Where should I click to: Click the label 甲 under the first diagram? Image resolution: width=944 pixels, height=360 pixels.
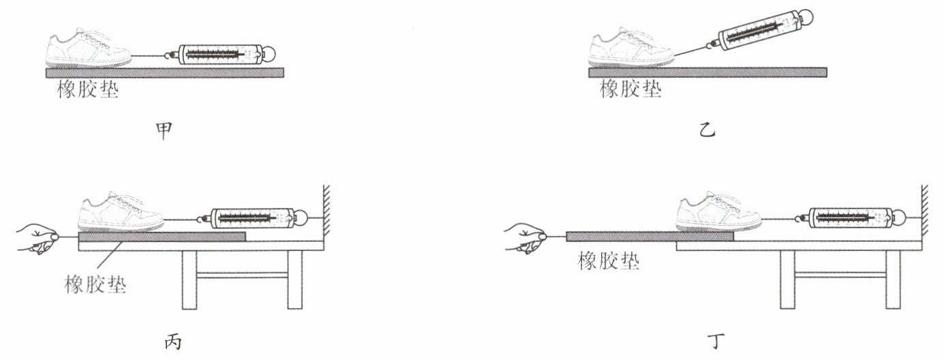164,131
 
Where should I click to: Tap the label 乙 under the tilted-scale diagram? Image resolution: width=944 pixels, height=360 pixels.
707,130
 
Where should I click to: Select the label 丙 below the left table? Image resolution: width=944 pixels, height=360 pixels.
173,342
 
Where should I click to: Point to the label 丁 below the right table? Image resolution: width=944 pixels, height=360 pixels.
716,342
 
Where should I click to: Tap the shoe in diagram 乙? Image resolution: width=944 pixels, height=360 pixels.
631,47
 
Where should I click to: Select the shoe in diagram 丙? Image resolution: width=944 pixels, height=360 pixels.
121,211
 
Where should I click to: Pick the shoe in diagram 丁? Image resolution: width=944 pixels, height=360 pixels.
718,211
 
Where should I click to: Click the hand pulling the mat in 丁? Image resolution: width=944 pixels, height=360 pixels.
526,238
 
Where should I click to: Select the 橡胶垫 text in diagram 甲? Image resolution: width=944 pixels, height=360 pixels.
88,89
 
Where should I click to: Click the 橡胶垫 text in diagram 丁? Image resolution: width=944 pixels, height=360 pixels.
609,261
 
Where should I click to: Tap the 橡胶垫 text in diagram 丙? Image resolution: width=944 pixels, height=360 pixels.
95,284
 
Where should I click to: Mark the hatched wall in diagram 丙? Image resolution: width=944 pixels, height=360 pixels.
326,211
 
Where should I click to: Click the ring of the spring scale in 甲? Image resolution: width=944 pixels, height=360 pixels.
270,54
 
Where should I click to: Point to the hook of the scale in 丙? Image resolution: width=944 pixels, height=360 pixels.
203,219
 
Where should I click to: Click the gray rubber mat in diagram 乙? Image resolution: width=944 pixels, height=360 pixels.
707,72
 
